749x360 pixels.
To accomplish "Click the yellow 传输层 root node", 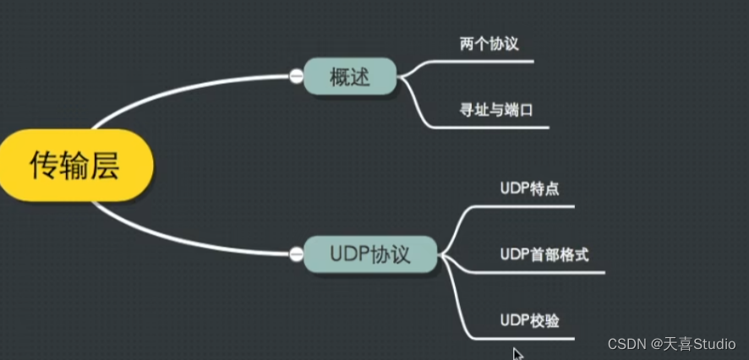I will pos(74,166).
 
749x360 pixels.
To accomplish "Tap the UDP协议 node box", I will pos(369,254).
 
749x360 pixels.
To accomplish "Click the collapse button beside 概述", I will pos(297,77).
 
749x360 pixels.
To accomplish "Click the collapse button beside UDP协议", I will pos(297,253).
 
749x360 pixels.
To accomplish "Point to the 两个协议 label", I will pos(489,43).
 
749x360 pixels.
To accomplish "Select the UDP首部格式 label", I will pos(544,254).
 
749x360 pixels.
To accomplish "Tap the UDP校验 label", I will pos(529,320).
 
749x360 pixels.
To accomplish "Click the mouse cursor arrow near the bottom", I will pos(517,354).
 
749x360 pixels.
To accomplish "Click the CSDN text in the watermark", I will pos(626,344).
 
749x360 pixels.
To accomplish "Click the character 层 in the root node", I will pos(105,166).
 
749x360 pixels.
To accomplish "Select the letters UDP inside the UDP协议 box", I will pos(348,254).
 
